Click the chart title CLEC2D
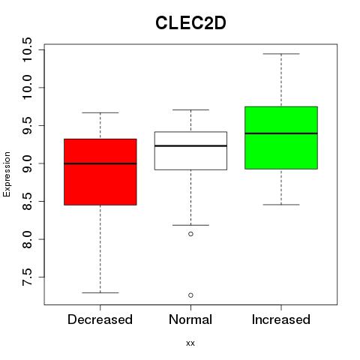pyautogui.click(x=190, y=23)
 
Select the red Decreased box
pyautogui.click(x=100, y=172)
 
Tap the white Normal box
pyautogui.click(x=190, y=151)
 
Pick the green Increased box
pyautogui.click(x=281, y=138)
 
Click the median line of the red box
pyautogui.click(x=100, y=163)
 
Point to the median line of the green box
pyautogui.click(x=281, y=133)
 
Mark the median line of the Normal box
pyautogui.click(x=190, y=145)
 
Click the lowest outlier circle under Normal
pyautogui.click(x=190, y=295)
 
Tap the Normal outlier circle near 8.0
pyautogui.click(x=190, y=234)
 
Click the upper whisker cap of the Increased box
pyautogui.click(x=281, y=54)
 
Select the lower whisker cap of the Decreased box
pyautogui.click(x=100, y=292)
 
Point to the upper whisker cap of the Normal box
pyautogui.click(x=190, y=109)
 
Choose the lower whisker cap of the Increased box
pyautogui.click(x=281, y=205)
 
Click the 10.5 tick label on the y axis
pyautogui.click(x=27, y=49)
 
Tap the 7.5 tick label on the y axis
pyautogui.click(x=27, y=277)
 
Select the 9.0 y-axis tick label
pyautogui.click(x=27, y=163)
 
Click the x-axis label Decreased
pyautogui.click(x=100, y=319)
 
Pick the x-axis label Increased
pyautogui.click(x=281, y=319)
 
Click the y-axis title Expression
pyautogui.click(x=7, y=174)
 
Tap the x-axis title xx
pyautogui.click(x=190, y=343)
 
